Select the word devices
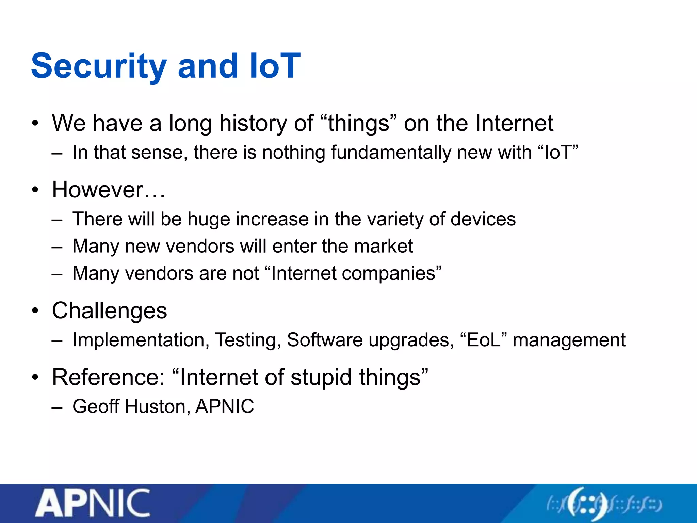point(483,219)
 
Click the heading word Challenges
point(110,311)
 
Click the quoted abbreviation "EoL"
point(484,339)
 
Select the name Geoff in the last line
point(96,406)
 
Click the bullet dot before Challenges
point(35,311)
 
